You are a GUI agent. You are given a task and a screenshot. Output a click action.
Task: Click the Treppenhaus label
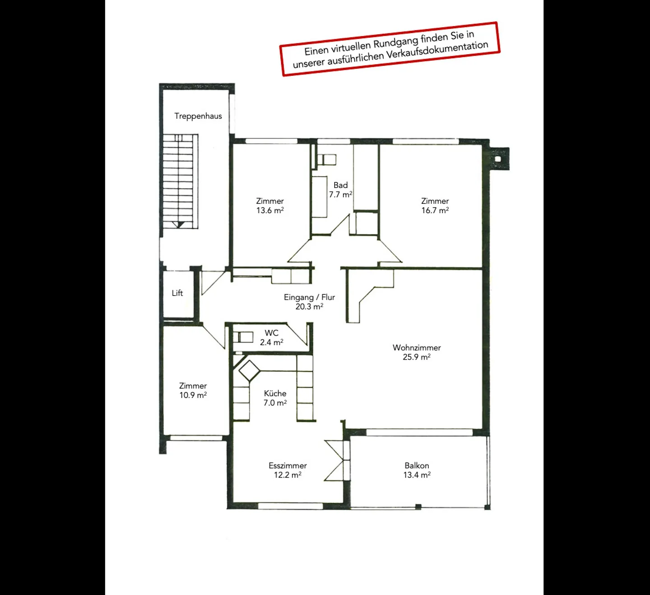(198, 116)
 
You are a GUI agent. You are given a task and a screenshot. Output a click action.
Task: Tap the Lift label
(177, 293)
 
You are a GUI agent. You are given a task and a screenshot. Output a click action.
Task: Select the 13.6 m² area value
(270, 211)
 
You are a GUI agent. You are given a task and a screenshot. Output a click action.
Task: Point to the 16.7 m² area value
(435, 211)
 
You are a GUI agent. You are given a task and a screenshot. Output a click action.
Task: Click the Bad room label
(340, 185)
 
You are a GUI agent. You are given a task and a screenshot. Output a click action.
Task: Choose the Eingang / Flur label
(309, 297)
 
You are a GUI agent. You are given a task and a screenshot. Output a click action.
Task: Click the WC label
(271, 333)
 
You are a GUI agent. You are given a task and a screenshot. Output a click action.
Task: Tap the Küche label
(275, 394)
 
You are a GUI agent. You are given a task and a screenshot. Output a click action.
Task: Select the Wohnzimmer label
(417, 348)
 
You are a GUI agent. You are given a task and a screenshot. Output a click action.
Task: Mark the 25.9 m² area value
(417, 357)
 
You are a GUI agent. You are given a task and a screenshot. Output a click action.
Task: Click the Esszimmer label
(288, 466)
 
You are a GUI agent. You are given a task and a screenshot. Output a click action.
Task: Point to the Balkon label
(417, 466)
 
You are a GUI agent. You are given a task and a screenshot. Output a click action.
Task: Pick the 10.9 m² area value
(193, 395)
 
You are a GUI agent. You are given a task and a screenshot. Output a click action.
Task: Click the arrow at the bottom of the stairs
(179, 224)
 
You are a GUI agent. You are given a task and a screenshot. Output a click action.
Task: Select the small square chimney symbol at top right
(498, 159)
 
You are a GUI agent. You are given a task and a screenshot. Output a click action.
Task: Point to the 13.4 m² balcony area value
(417, 475)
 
